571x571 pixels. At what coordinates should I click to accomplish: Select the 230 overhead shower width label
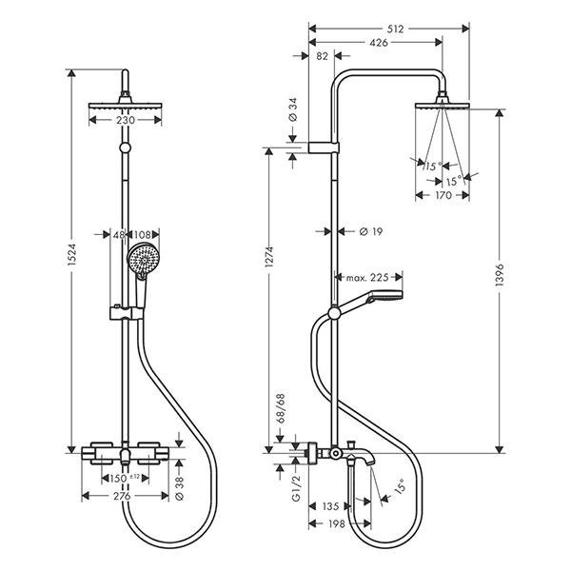[126, 120]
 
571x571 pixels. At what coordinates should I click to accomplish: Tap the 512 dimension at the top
[396, 29]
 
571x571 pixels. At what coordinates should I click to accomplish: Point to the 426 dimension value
[379, 43]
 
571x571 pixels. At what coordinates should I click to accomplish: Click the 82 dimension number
[323, 56]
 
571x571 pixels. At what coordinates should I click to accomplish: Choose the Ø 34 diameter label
[293, 109]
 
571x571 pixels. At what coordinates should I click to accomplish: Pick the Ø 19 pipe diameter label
[371, 231]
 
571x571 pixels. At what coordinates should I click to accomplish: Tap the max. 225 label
[367, 278]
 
